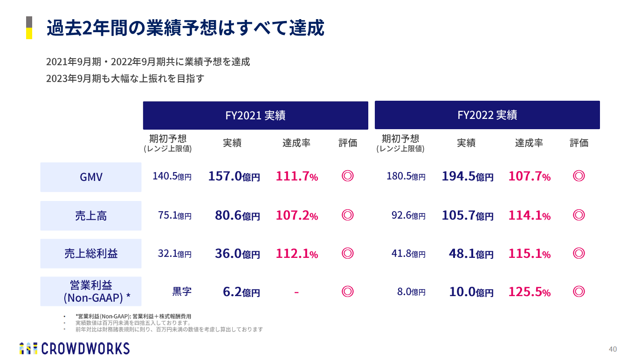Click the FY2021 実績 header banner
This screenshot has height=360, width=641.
pyautogui.click(x=255, y=115)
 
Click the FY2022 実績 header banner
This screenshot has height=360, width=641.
pyautogui.click(x=487, y=115)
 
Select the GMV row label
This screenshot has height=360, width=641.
pyautogui.click(x=91, y=177)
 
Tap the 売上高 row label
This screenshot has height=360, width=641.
pyautogui.click(x=91, y=216)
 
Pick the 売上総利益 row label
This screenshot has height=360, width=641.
pyautogui.click(x=91, y=254)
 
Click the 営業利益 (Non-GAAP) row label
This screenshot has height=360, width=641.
pyautogui.click(x=91, y=291)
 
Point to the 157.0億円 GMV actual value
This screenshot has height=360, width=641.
pyautogui.click(x=234, y=176)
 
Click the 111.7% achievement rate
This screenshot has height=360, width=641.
pyautogui.click(x=296, y=176)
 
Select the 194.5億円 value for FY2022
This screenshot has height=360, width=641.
pyautogui.click(x=467, y=176)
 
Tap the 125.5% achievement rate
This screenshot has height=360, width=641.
pyautogui.click(x=529, y=292)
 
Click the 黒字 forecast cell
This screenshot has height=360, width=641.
pyautogui.click(x=182, y=292)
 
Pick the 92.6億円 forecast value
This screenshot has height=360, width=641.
pyautogui.click(x=408, y=216)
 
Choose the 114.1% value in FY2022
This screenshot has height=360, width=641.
pyautogui.click(x=529, y=215)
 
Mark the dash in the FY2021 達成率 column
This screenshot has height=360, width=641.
pyautogui.click(x=296, y=293)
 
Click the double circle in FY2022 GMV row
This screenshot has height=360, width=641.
pyautogui.click(x=579, y=176)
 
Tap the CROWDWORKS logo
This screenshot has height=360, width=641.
pyautogui.click(x=75, y=348)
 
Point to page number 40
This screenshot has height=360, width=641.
pyautogui.click(x=613, y=349)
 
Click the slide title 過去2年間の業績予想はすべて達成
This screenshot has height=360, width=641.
pyautogui.click(x=185, y=28)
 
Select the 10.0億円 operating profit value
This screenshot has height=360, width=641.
pyautogui.click(x=471, y=292)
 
